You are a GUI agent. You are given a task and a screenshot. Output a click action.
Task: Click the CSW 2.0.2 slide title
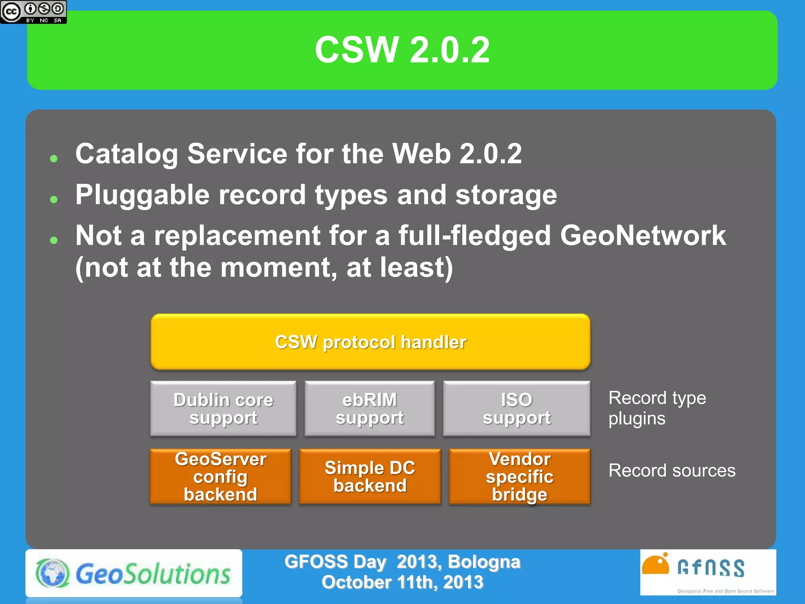point(402,50)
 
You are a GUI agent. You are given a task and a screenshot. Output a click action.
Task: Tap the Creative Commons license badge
point(33,12)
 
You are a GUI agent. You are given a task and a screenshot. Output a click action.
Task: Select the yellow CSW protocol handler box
point(370,342)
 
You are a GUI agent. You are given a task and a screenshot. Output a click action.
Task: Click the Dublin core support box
point(223,409)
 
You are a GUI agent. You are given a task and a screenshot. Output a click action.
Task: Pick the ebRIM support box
point(369,409)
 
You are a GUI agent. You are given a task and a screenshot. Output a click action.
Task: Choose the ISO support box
point(516,409)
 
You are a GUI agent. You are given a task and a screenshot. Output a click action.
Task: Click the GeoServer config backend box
point(221,477)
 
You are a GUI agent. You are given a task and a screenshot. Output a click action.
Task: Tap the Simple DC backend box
point(370,477)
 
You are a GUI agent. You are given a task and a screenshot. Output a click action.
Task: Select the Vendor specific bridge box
point(520,477)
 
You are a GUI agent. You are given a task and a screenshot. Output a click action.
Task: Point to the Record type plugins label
point(657,408)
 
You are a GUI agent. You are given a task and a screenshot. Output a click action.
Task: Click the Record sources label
point(672,470)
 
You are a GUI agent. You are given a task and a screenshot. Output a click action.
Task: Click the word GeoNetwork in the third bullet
point(643,236)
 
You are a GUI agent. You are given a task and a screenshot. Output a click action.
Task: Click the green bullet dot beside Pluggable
point(54,199)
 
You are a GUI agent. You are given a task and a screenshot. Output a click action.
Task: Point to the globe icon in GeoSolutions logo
point(52,573)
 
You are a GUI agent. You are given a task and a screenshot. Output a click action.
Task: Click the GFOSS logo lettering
point(711,568)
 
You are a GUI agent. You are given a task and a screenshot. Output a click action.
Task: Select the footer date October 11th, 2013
point(402,582)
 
